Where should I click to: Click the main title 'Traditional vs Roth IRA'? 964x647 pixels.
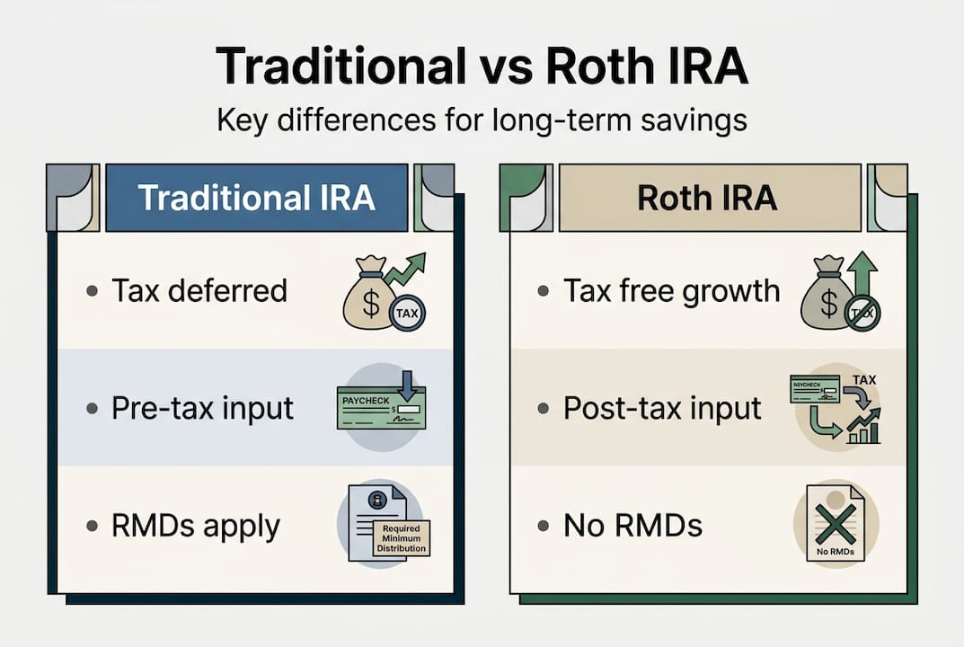click(482, 67)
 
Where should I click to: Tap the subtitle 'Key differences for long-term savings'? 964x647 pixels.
click(482, 120)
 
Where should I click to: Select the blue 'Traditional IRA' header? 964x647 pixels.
click(257, 198)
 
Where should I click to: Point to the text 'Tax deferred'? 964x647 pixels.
click(199, 291)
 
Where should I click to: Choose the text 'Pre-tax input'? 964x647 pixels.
click(202, 408)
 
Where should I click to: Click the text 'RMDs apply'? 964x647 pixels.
click(196, 526)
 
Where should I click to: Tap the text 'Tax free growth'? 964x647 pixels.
click(671, 291)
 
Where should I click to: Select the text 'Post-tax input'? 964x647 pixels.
click(662, 408)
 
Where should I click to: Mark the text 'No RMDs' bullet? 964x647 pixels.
click(632, 526)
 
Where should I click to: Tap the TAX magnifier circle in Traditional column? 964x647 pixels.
click(407, 313)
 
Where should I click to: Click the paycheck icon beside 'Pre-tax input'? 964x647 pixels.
click(381, 408)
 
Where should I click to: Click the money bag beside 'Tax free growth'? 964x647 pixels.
click(823, 295)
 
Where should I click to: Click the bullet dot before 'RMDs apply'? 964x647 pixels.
click(93, 527)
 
